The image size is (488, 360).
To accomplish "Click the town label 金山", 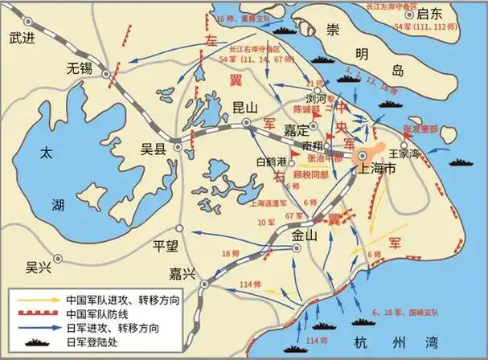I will coord(306,235).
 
